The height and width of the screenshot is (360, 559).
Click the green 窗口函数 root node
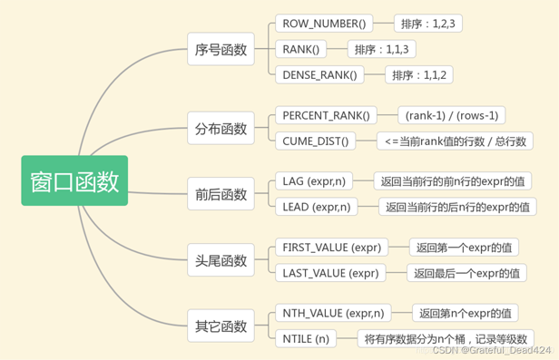[x=74, y=180]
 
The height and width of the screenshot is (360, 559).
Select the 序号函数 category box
[x=221, y=50]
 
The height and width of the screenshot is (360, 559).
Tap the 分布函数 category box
[x=221, y=128]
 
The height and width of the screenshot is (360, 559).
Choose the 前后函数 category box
[x=221, y=194]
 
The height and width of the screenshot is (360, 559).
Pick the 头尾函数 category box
[x=221, y=260]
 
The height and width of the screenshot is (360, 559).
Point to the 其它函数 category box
[x=221, y=326]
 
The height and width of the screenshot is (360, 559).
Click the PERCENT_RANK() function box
[x=327, y=115]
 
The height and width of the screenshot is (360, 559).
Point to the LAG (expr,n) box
[x=313, y=181]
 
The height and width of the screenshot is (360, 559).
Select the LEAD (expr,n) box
[x=317, y=207]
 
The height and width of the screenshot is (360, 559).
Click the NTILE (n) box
[x=303, y=339]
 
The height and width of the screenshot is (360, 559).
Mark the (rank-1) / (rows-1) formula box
[x=452, y=115]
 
